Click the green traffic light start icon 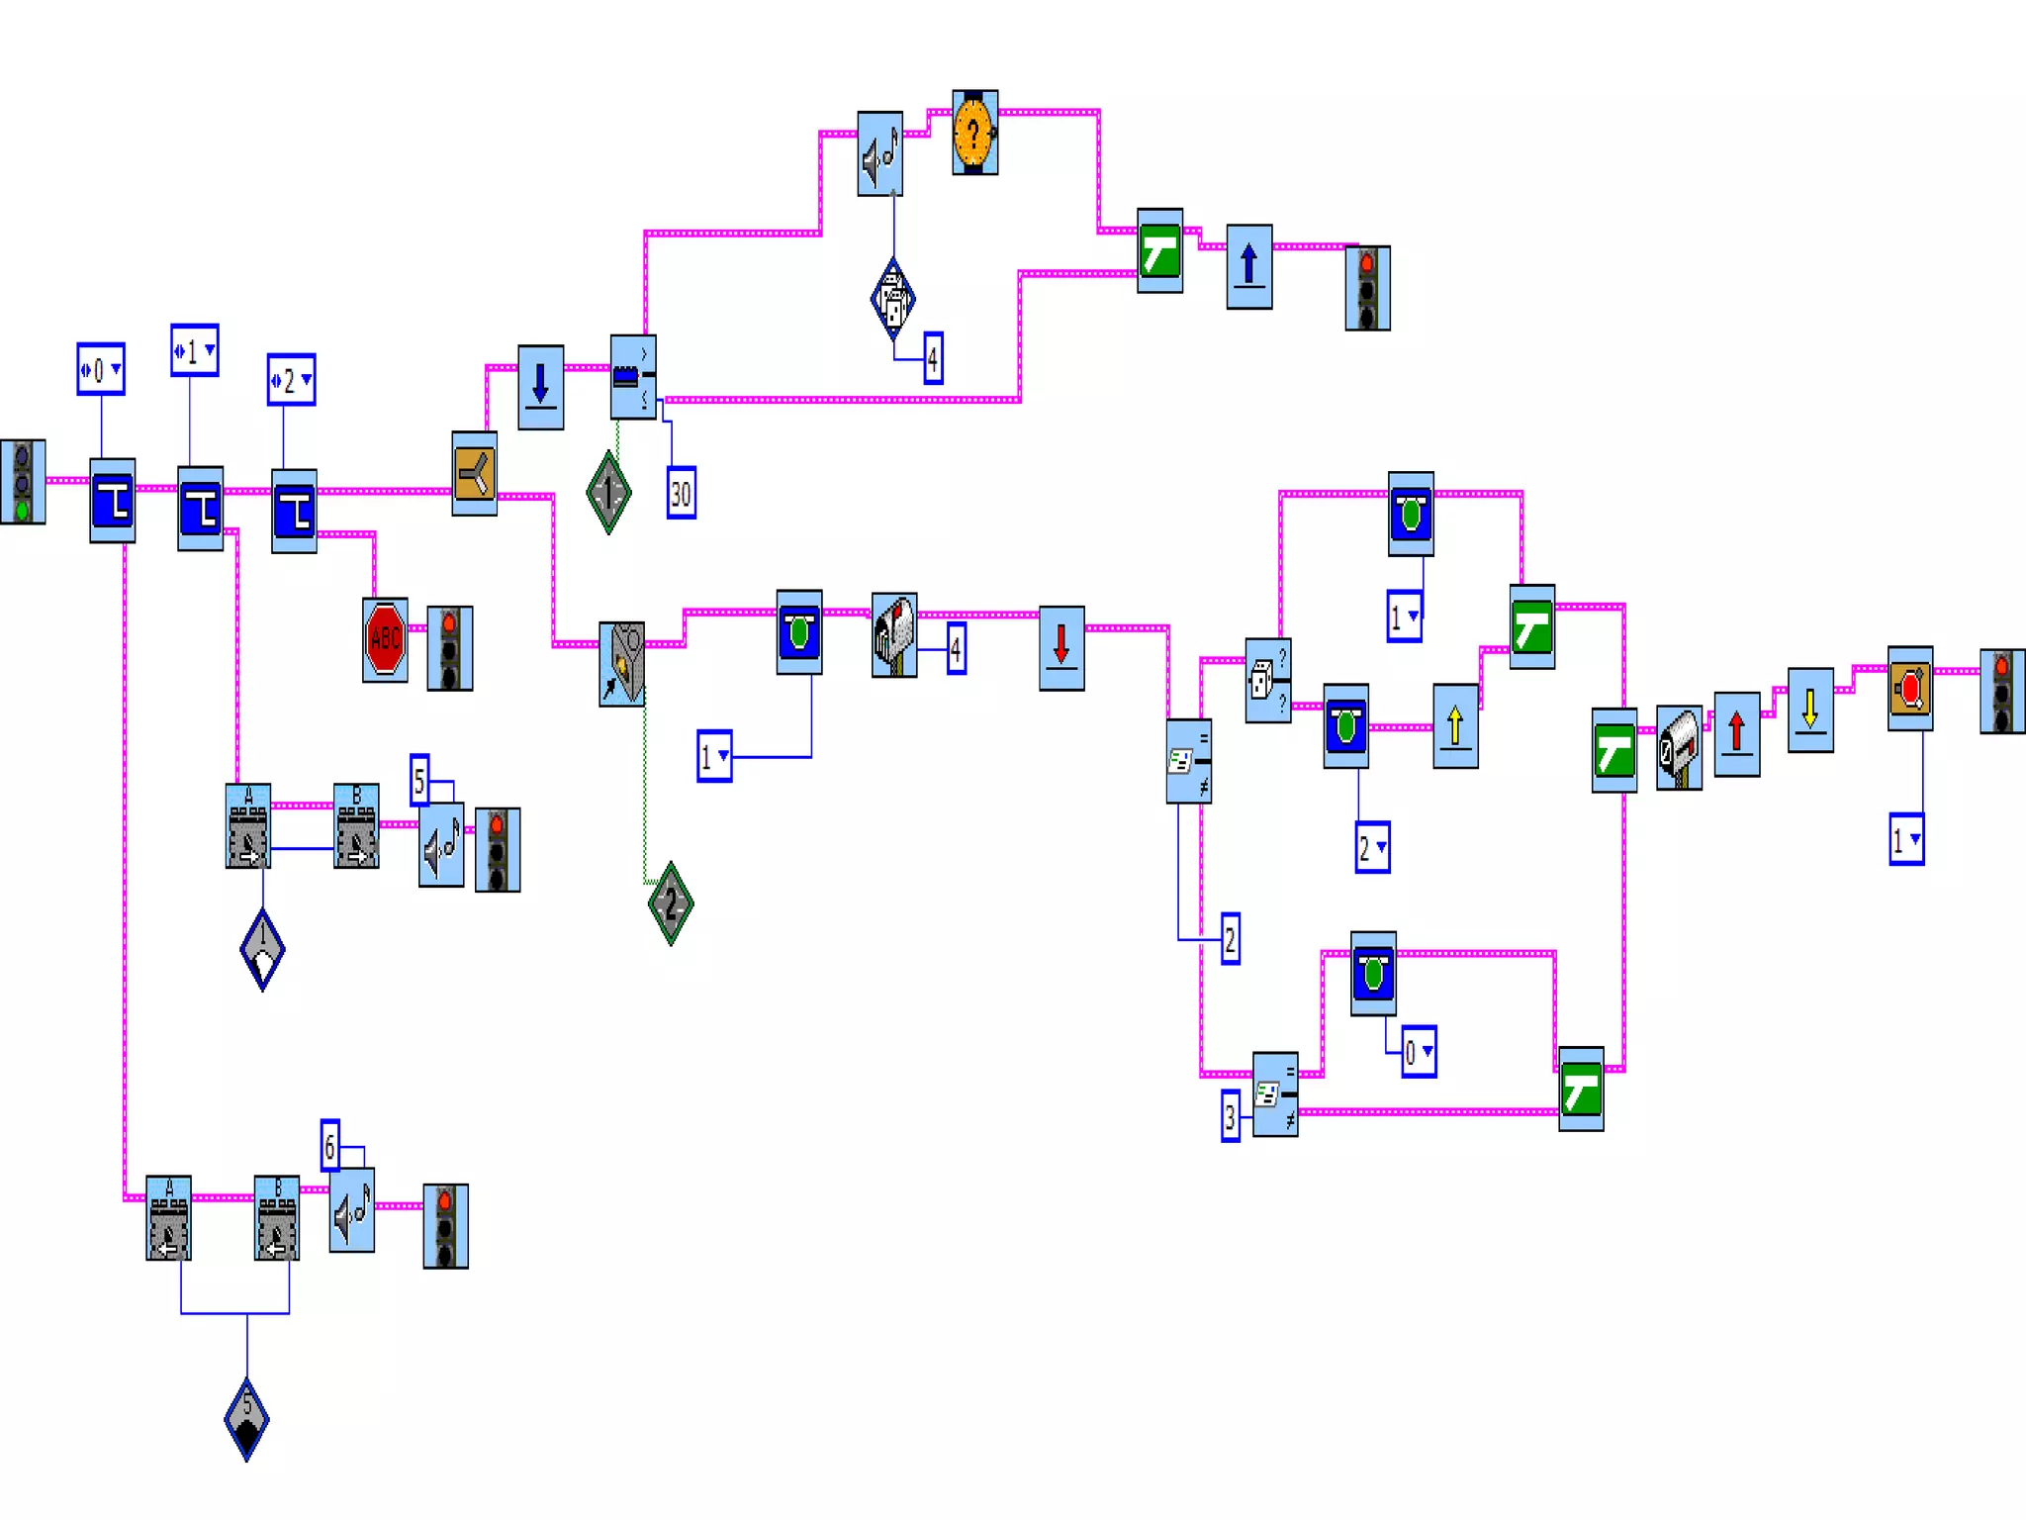[23, 482]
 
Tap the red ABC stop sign [385, 639]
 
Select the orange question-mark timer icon [974, 133]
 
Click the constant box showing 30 [681, 493]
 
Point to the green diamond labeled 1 [608, 492]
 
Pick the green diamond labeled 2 [671, 902]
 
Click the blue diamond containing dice [892, 299]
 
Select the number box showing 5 [419, 781]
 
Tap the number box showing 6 [330, 1146]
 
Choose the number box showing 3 [1230, 1116]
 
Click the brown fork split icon [474, 473]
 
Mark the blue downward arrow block [540, 387]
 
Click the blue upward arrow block [1248, 266]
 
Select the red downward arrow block [1061, 647]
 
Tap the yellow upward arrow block [1455, 725]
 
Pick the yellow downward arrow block [1810, 710]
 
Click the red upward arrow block [1736, 733]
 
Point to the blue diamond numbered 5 [246, 1418]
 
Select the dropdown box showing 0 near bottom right [1418, 1052]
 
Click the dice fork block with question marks [1267, 681]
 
